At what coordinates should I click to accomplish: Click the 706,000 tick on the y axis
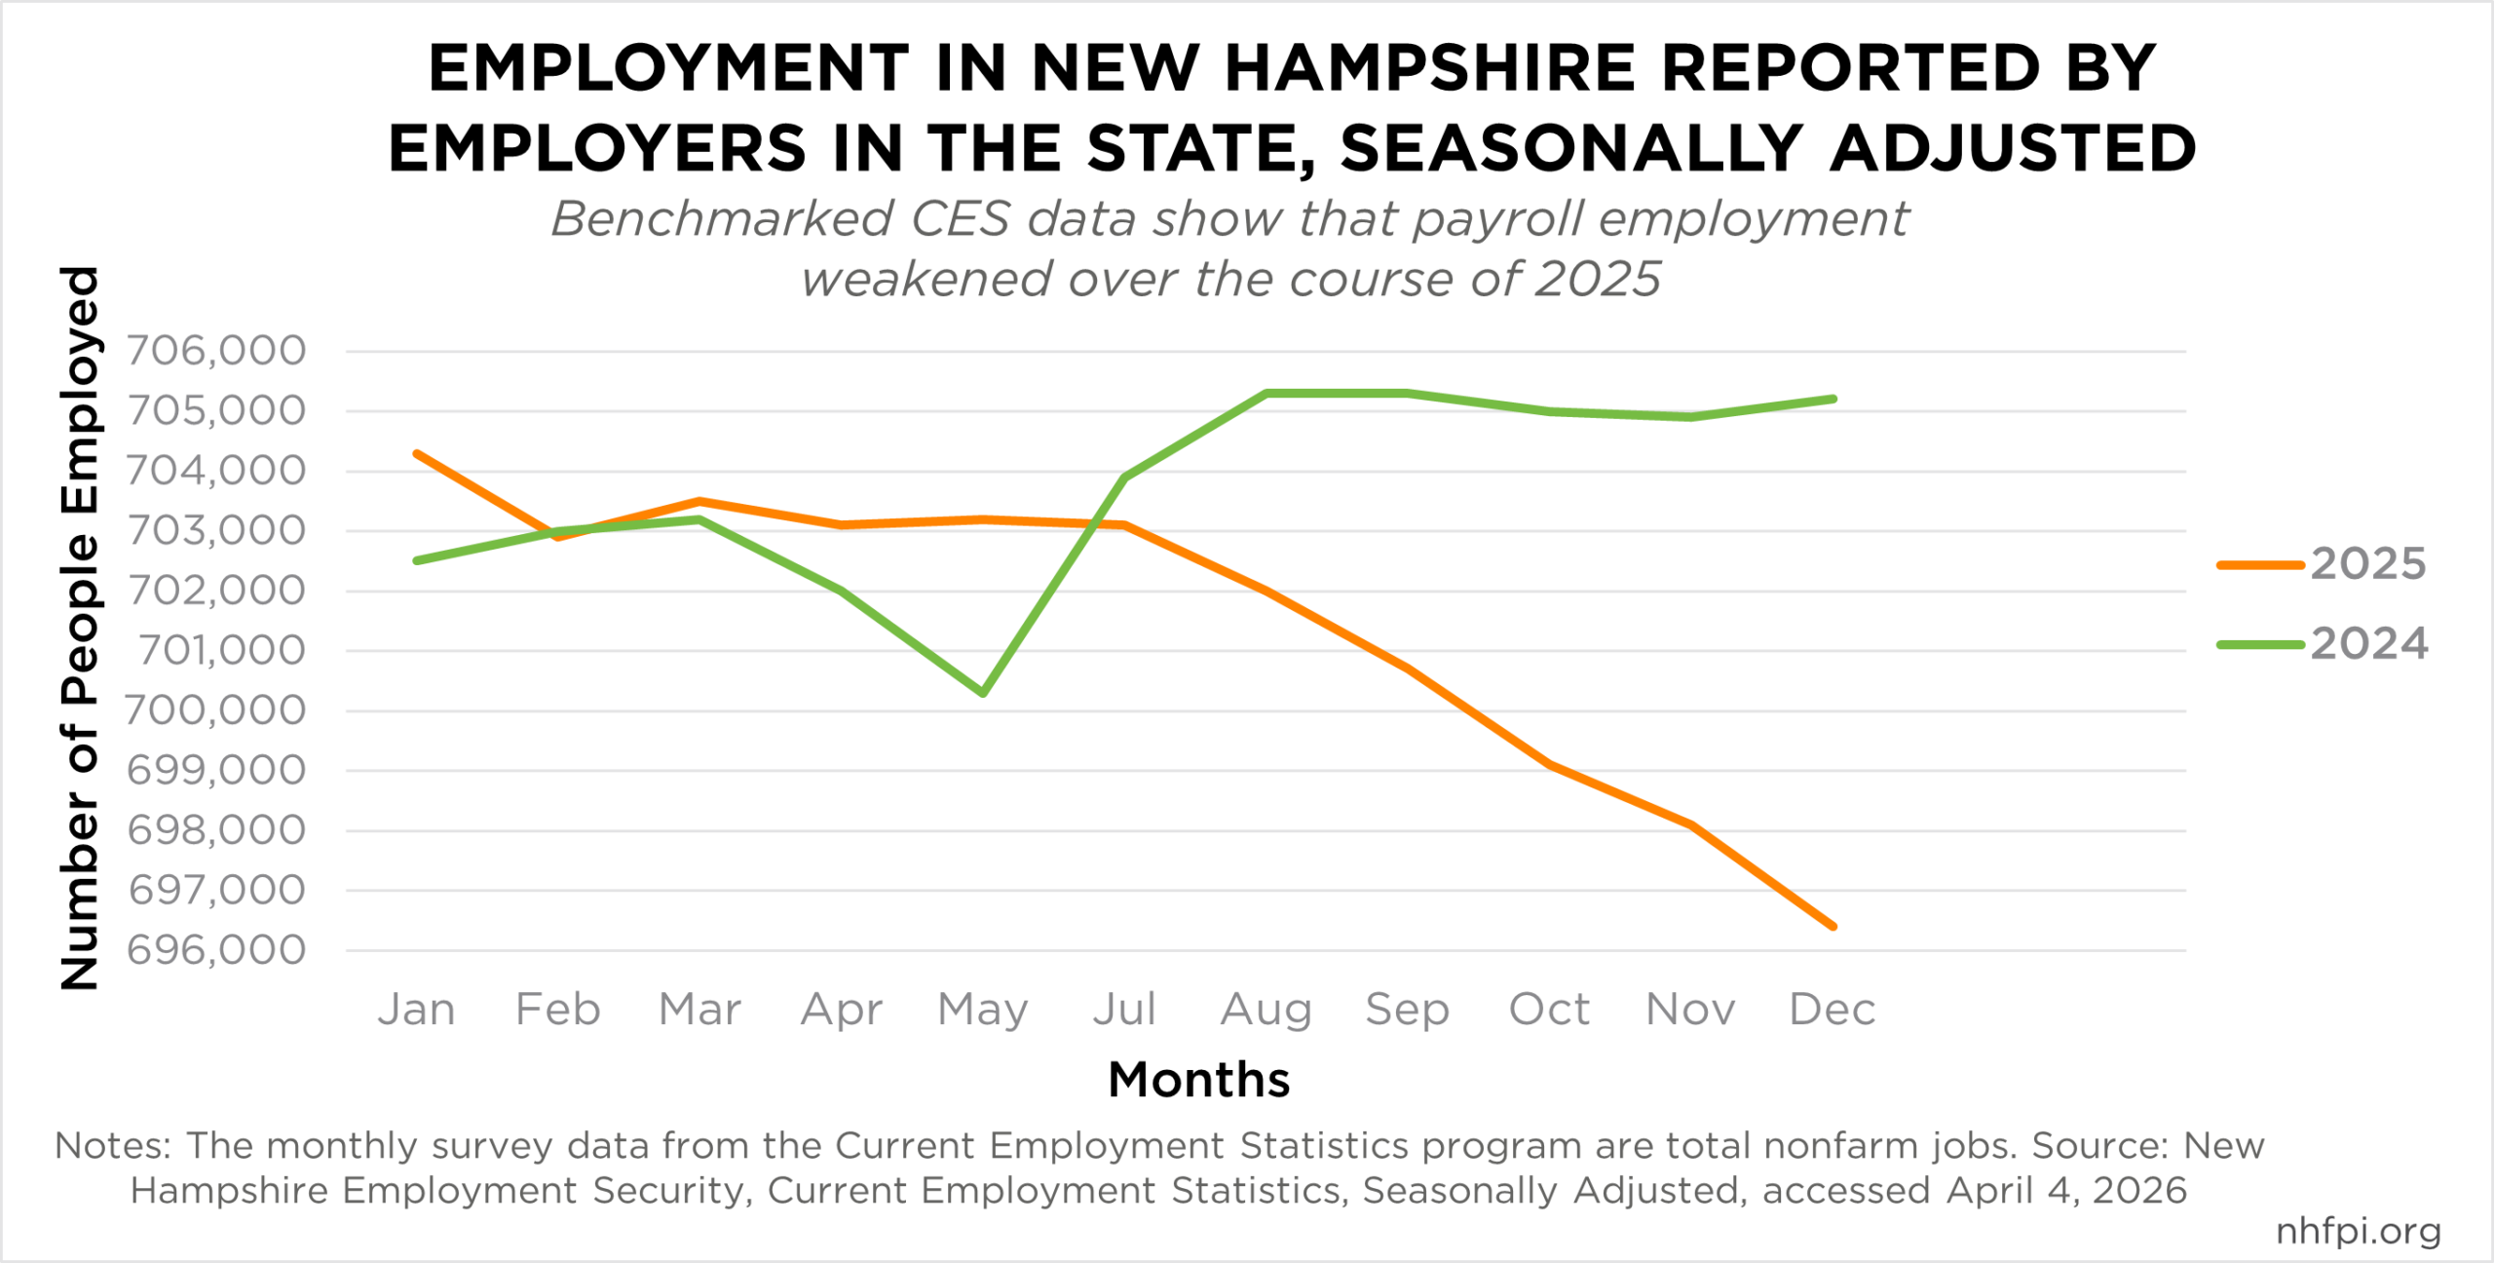pos(216,351)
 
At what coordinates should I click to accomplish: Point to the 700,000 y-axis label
pos(215,711)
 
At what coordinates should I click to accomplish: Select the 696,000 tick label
pos(216,950)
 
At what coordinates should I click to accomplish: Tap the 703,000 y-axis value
pos(216,531)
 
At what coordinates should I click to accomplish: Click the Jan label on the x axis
pos(417,1010)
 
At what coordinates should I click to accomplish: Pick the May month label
pos(983,1010)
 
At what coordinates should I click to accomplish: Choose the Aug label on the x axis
pos(1266,1010)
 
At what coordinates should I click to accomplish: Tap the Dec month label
pos(1833,1010)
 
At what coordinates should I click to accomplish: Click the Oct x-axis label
pos(1549,1010)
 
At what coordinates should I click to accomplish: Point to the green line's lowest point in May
pos(983,694)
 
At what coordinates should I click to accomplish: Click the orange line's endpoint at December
pos(1833,926)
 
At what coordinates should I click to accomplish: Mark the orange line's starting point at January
pos(417,453)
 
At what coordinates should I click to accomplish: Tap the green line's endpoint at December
pos(1833,399)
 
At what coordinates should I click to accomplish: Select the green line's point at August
pos(1266,393)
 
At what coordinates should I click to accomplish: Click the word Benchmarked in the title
pos(722,219)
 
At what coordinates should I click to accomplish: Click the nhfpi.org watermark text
pos(2359,1231)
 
